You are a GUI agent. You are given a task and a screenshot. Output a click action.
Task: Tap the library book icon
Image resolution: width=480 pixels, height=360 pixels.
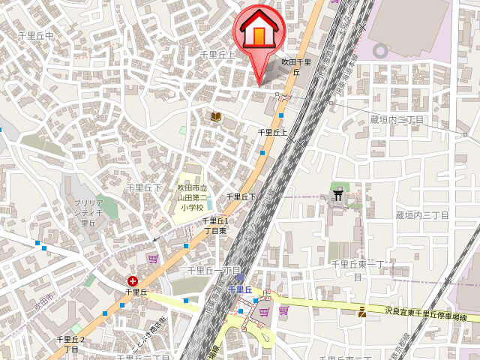[216, 116]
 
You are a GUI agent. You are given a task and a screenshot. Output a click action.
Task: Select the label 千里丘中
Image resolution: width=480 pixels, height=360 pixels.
[36, 35]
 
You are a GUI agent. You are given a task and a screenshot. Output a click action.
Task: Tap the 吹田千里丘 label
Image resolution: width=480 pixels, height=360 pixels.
[295, 67]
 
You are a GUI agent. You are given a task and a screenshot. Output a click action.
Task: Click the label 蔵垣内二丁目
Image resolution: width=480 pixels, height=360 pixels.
[397, 119]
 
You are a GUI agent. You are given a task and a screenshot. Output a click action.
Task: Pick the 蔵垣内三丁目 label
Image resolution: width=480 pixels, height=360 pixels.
[421, 215]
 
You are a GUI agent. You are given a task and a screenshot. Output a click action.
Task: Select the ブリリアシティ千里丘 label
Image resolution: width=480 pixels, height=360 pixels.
[88, 212]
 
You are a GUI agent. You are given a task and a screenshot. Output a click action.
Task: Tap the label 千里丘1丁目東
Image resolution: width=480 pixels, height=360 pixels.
[216, 226]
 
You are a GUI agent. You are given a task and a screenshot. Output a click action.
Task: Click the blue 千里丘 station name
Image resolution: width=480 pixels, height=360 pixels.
[240, 289]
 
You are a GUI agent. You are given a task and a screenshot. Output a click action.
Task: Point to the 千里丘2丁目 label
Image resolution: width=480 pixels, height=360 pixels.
[71, 344]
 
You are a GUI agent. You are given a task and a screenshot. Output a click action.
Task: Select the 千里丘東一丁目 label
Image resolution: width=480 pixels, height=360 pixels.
[358, 269]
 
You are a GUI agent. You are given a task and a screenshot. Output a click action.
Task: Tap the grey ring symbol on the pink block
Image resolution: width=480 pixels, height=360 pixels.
[381, 51]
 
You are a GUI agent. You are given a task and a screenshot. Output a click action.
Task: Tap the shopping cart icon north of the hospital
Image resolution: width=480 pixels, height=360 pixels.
[153, 259]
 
